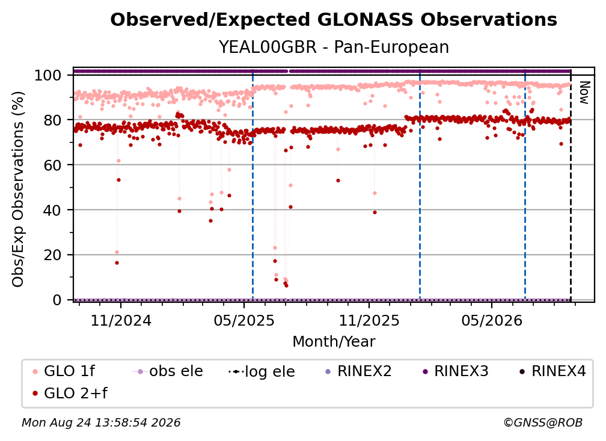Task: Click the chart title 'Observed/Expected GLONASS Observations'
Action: (334, 20)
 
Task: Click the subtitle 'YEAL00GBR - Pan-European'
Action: (334, 47)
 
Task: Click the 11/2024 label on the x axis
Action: (121, 320)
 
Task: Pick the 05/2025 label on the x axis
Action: (244, 320)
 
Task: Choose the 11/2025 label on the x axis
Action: (369, 320)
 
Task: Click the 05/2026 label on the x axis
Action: (492, 320)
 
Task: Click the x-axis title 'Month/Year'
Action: (334, 342)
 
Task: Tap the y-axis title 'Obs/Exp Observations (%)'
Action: (18, 189)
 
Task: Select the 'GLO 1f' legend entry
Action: (63, 371)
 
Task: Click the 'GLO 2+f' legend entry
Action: (70, 393)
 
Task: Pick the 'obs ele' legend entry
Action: (167, 371)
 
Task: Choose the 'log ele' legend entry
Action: (262, 372)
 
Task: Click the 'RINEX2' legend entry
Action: (358, 371)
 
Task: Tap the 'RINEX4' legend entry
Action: (552, 371)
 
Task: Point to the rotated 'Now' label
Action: (584, 93)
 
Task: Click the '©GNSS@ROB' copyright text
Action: (543, 422)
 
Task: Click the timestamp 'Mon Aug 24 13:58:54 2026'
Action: (101, 422)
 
